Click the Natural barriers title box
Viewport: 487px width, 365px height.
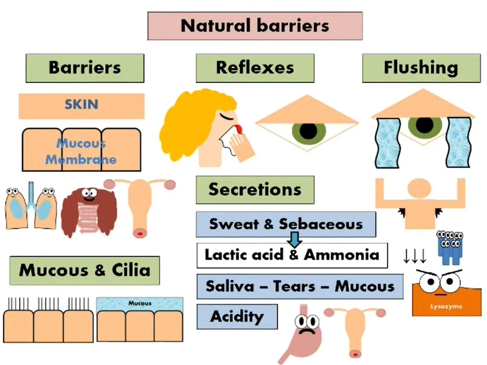(255, 26)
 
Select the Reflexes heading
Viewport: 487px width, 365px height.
(255, 68)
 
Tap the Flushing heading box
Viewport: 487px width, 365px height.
(421, 68)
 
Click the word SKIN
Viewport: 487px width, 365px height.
(81, 105)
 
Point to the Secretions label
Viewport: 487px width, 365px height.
(255, 189)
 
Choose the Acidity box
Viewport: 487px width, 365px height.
(237, 316)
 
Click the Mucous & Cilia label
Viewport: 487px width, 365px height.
(84, 270)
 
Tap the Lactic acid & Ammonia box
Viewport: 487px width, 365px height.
(292, 255)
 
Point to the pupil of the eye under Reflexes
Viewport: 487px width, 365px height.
(308, 131)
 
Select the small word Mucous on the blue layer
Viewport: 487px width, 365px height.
(140, 303)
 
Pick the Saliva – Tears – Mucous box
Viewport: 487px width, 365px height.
(300, 286)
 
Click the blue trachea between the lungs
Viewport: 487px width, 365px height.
(31, 195)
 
